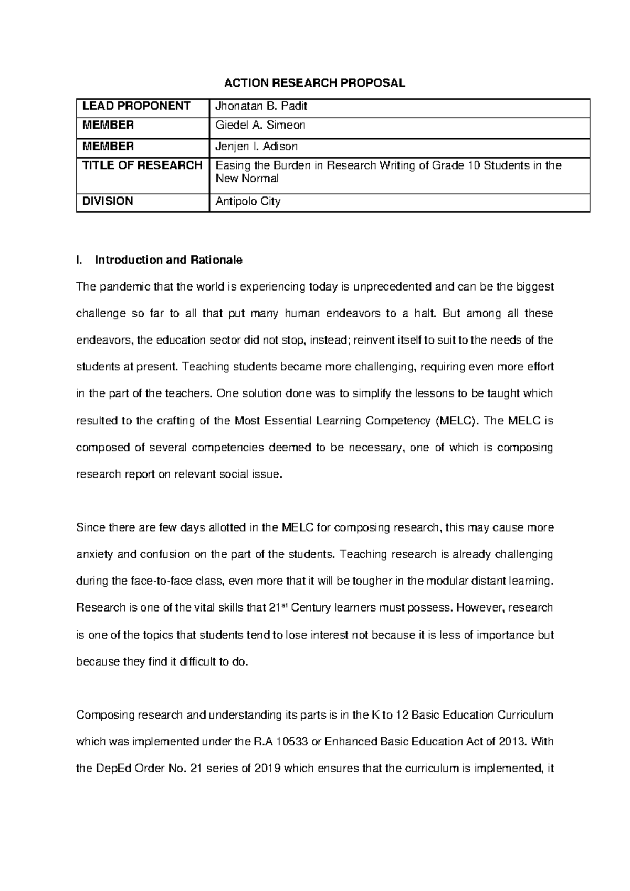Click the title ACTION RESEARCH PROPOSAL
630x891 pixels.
pos(314,83)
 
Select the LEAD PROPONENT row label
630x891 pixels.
pos(135,106)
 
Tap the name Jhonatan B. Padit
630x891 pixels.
pos(261,106)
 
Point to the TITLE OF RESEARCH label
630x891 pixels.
pos(142,166)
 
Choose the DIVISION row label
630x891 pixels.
pos(108,201)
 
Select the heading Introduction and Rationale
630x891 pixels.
pos(167,260)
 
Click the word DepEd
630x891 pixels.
pos(113,769)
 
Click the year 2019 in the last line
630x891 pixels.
pos(270,769)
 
